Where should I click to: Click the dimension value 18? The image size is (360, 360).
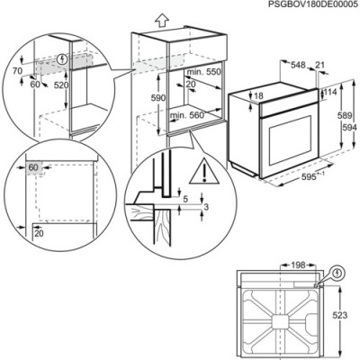click(x=259, y=95)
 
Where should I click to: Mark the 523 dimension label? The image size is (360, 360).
click(x=339, y=316)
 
